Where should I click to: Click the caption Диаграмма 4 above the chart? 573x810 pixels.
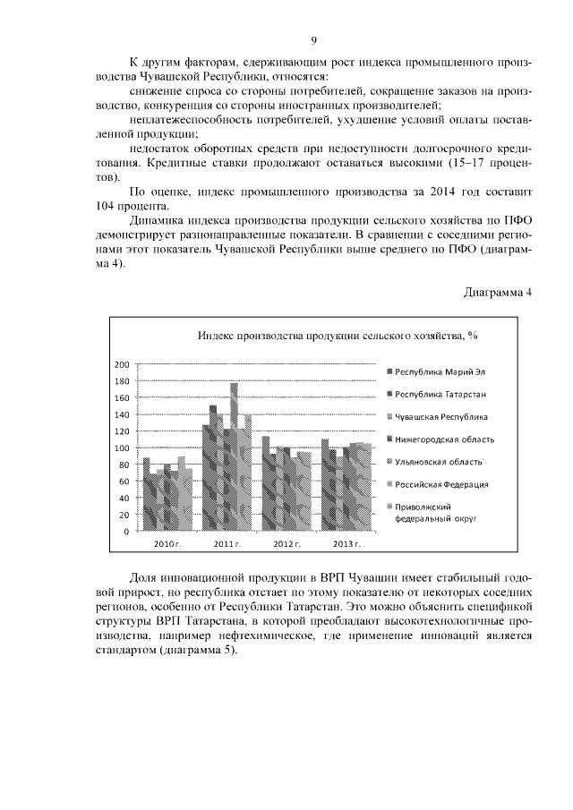498,293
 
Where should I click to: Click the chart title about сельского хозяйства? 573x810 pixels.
338,336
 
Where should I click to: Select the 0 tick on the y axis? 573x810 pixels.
127,532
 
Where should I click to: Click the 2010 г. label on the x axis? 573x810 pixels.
167,544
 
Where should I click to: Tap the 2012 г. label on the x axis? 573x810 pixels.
287,544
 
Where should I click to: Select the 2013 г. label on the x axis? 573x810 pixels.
345,544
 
